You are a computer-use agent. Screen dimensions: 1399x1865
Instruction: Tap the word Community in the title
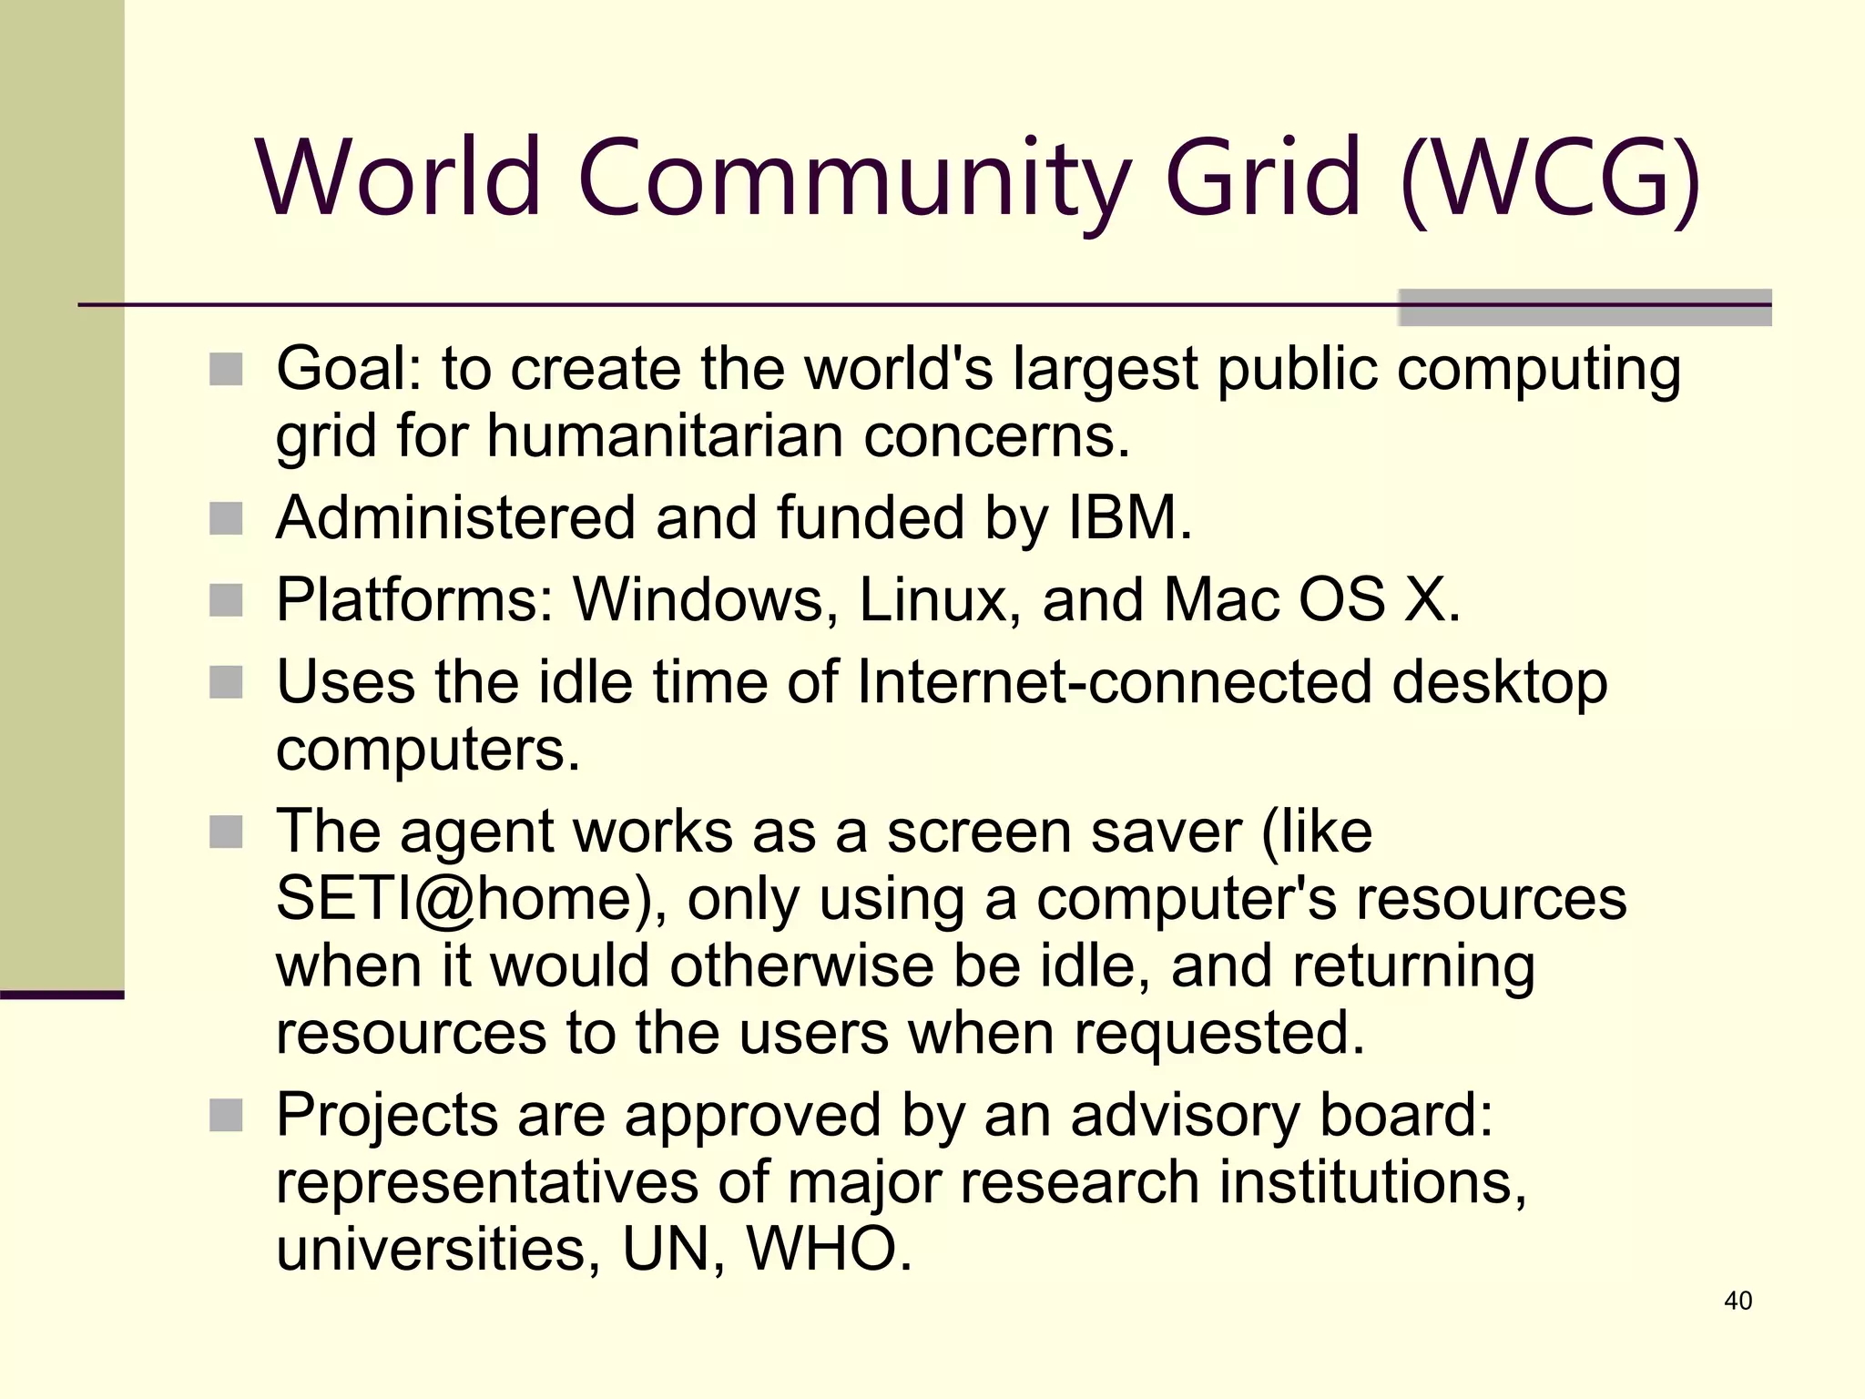coord(853,178)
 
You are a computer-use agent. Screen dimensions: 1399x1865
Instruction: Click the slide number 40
coord(1738,1301)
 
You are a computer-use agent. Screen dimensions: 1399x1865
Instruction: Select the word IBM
coord(1129,517)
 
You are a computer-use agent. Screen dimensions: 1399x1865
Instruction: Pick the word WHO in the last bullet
coord(829,1249)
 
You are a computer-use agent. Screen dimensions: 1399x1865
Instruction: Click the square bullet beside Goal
coord(226,370)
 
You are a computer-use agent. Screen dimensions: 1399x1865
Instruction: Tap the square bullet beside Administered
coord(226,519)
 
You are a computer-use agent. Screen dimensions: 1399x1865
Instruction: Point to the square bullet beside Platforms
coord(226,601)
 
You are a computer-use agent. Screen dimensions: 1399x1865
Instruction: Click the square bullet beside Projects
coord(226,1115)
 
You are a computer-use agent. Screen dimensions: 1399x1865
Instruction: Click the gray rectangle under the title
coord(1585,308)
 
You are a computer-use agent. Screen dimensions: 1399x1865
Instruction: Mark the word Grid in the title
coord(1263,178)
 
